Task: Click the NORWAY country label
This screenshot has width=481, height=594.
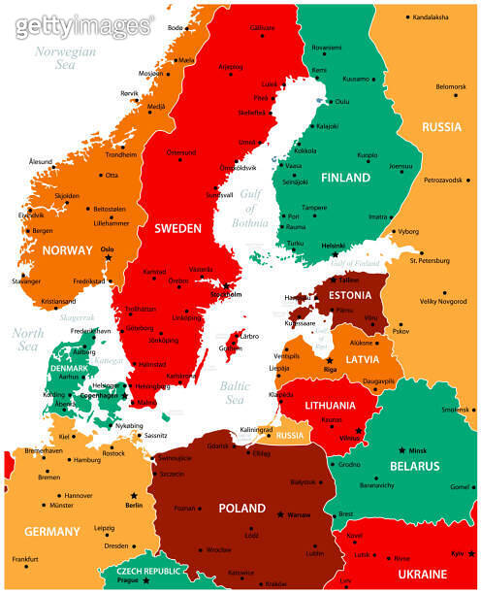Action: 68,250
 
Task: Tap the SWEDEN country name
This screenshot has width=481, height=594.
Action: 177,228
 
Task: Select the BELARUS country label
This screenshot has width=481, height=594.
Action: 421,466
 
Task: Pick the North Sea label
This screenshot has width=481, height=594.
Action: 26,341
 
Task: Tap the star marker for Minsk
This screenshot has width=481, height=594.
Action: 402,450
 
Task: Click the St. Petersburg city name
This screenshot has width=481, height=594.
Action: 431,260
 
